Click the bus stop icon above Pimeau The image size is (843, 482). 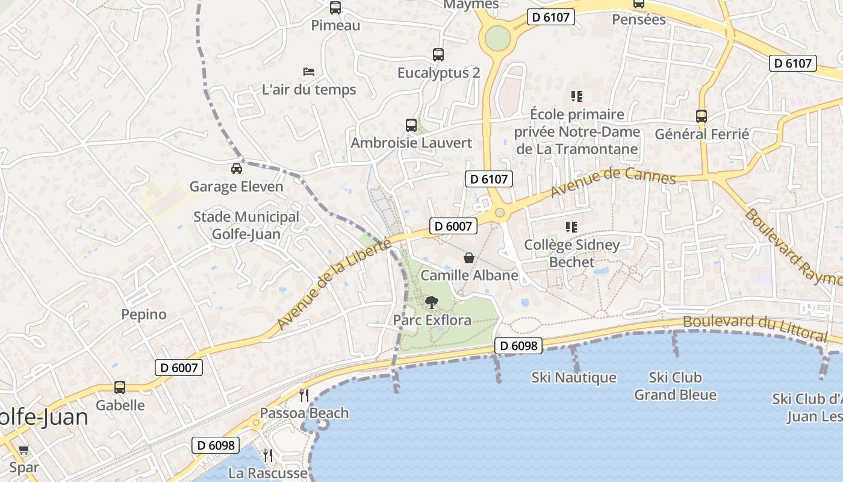point(335,8)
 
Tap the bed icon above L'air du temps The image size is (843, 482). point(309,72)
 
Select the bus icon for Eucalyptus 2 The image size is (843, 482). point(438,55)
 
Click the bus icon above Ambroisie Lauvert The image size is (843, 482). point(411,125)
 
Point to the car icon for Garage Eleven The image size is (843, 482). point(237,168)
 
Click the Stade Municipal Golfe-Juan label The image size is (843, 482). point(246,225)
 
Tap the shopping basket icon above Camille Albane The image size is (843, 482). point(469,258)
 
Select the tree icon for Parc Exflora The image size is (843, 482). point(432,302)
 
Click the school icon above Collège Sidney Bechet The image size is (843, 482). point(571,227)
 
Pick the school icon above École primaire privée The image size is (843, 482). point(577,96)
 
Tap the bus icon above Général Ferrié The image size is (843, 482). point(701,116)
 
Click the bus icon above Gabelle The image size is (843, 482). point(120,387)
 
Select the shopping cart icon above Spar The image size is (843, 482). point(24,449)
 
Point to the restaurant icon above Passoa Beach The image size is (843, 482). point(304,395)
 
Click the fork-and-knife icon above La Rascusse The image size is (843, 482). point(268,455)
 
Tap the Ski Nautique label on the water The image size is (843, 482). point(574,378)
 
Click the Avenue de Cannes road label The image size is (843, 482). point(614,182)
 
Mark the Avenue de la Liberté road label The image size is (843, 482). point(335,284)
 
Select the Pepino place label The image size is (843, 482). point(144,315)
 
